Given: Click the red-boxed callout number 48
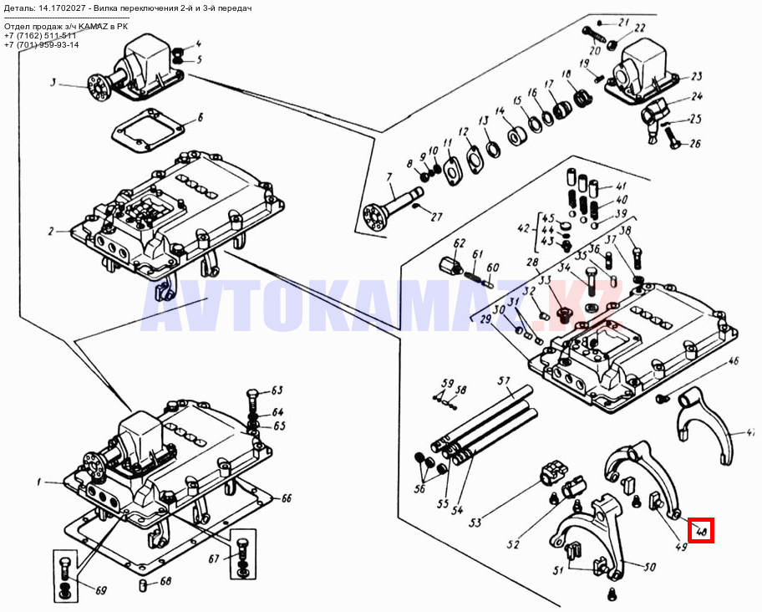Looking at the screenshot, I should pyautogui.click(x=701, y=530).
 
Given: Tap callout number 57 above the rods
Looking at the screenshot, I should pyautogui.click(x=504, y=381).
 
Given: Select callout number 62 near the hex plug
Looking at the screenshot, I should pyautogui.click(x=459, y=243).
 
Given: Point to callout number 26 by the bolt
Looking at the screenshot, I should pyautogui.click(x=694, y=143).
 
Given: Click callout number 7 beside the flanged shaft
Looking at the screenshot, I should pyautogui.click(x=389, y=177).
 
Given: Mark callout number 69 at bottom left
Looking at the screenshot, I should pyautogui.click(x=101, y=590).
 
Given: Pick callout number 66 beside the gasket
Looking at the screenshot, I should pyautogui.click(x=286, y=498).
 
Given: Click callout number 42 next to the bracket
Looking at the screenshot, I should pyautogui.click(x=524, y=228).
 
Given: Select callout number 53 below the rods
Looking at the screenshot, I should pyautogui.click(x=475, y=523).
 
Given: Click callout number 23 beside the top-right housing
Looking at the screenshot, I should pyautogui.click(x=696, y=76).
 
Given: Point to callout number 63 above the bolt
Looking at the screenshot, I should pyautogui.click(x=277, y=390).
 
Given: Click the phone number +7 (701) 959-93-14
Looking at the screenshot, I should pyautogui.click(x=42, y=45).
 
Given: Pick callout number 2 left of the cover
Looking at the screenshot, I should pyautogui.click(x=51, y=232).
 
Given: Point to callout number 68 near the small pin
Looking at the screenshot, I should pyautogui.click(x=165, y=582).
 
